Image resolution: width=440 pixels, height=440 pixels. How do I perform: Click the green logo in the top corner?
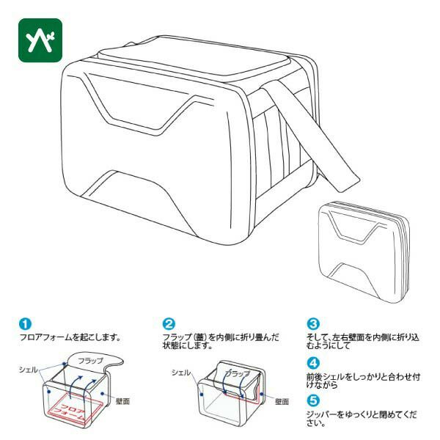pos(40,40)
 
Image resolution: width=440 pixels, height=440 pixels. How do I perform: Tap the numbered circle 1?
pos(25,323)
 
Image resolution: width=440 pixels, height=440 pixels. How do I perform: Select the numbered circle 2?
pos(169,323)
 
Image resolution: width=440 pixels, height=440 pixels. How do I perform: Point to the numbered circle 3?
pos(313,323)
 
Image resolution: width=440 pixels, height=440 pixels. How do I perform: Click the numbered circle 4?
pos(313,363)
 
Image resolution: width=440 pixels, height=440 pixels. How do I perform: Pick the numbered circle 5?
pos(313,400)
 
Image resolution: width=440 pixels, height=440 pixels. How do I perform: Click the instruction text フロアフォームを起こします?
pos(70,337)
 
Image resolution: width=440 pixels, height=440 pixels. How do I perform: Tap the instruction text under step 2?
pos(221,341)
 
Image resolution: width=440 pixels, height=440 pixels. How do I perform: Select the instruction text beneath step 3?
pos(363,341)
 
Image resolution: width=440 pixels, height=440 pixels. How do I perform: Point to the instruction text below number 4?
pos(364,381)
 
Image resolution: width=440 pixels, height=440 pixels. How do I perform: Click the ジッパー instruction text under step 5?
pos(362,419)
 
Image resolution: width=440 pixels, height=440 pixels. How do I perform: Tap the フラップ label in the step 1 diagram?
pos(91,361)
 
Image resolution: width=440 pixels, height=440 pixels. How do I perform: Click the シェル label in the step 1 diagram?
pos(29,370)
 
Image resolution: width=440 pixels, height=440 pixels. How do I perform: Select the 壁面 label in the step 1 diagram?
pos(122,401)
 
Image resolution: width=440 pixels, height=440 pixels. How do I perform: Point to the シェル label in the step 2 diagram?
pos(181,373)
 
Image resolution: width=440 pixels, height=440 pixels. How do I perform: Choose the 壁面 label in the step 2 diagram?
pos(282,402)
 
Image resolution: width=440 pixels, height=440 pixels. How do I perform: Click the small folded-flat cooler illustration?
pos(364,252)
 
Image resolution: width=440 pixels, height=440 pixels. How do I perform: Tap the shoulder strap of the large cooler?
pos(312,138)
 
